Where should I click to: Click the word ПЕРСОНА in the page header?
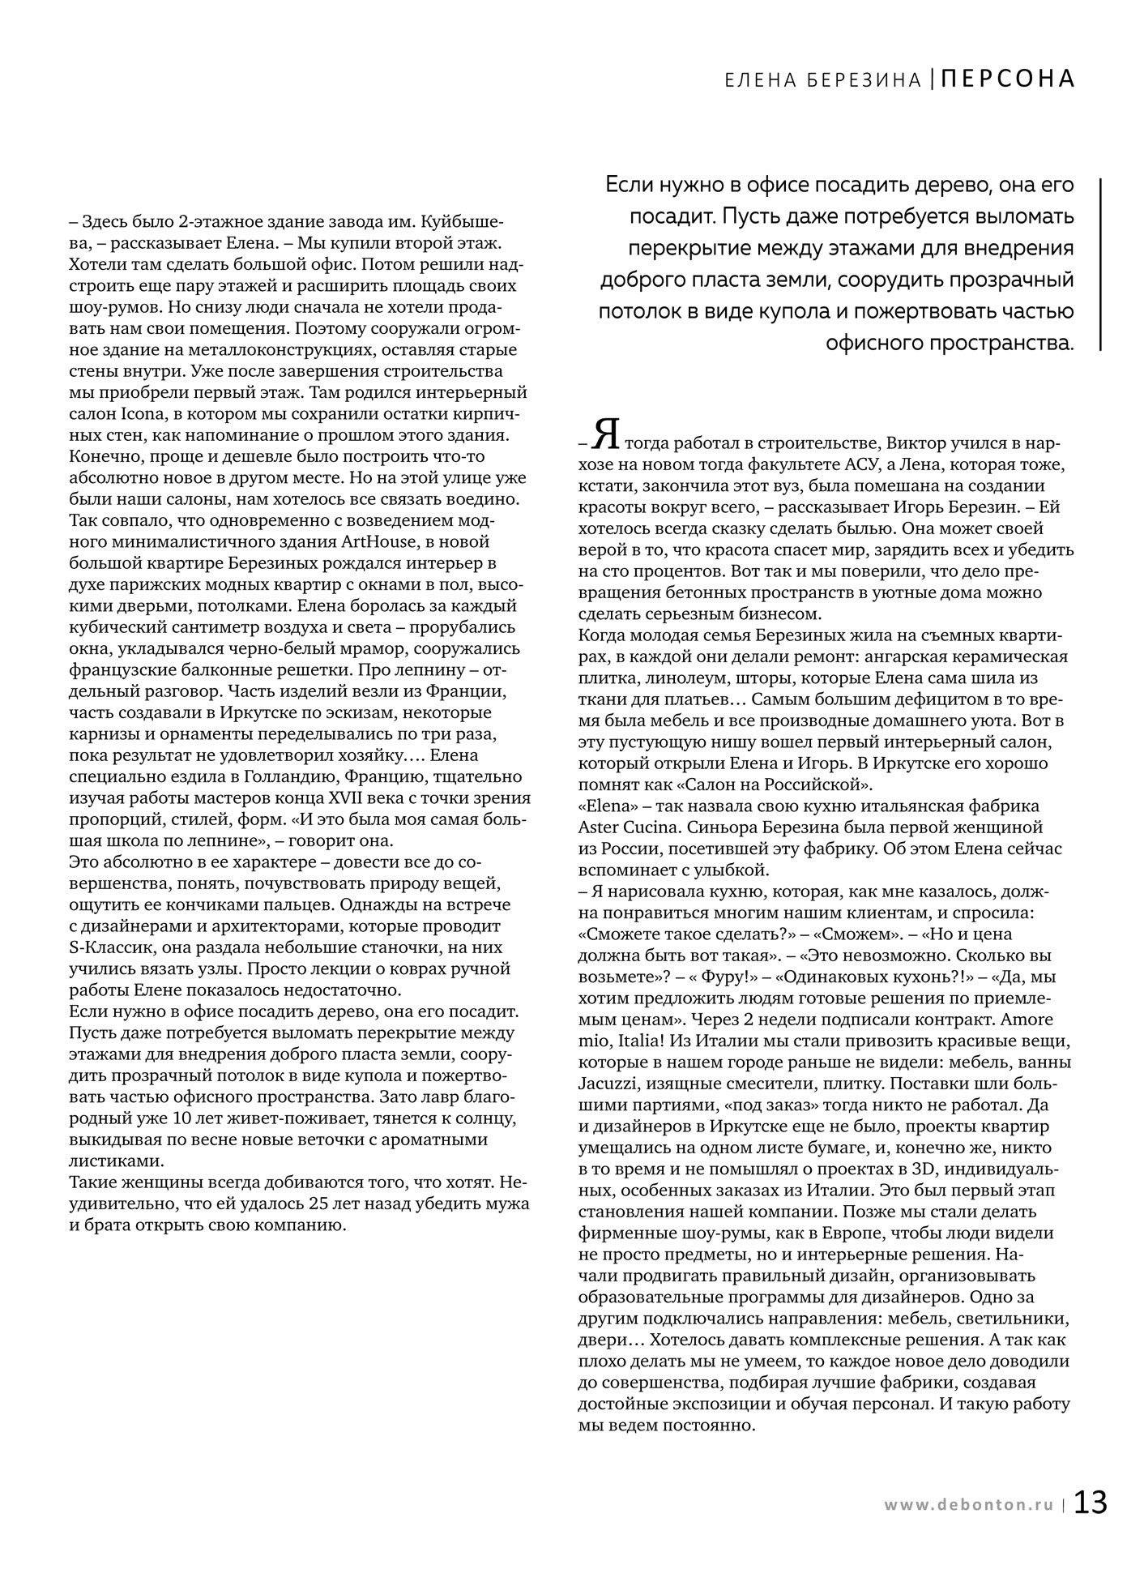click(x=1009, y=79)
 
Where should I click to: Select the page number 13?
click(x=1091, y=1503)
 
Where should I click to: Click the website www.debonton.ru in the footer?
click(x=971, y=1505)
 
